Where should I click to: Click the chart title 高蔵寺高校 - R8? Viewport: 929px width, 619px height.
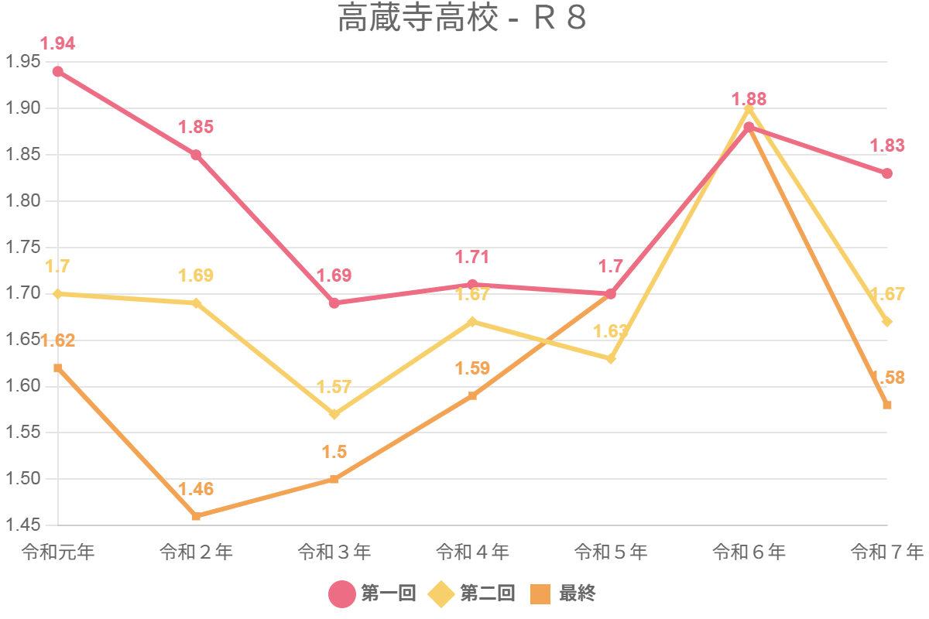461,19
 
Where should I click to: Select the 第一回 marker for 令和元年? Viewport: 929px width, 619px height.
58,72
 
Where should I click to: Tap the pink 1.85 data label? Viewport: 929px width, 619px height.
196,128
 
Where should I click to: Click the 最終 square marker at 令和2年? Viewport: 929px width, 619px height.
196,516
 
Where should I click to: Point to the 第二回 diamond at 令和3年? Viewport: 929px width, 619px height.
334,414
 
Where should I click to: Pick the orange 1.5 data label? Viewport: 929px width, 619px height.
334,453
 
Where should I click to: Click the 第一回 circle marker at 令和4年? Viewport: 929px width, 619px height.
472,285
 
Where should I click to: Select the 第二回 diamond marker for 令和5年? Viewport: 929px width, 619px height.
611,358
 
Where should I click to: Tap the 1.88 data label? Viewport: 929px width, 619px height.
749,99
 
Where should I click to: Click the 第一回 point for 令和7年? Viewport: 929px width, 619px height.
887,173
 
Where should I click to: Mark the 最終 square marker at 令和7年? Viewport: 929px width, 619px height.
887,405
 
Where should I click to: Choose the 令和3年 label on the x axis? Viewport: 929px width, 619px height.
334,552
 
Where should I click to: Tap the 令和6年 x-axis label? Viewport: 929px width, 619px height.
749,552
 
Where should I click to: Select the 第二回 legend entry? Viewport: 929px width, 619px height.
472,593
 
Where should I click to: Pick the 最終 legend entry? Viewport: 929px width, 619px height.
563,593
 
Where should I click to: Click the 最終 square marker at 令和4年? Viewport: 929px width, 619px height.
472,395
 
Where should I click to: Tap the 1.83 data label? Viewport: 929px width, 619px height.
887,145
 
